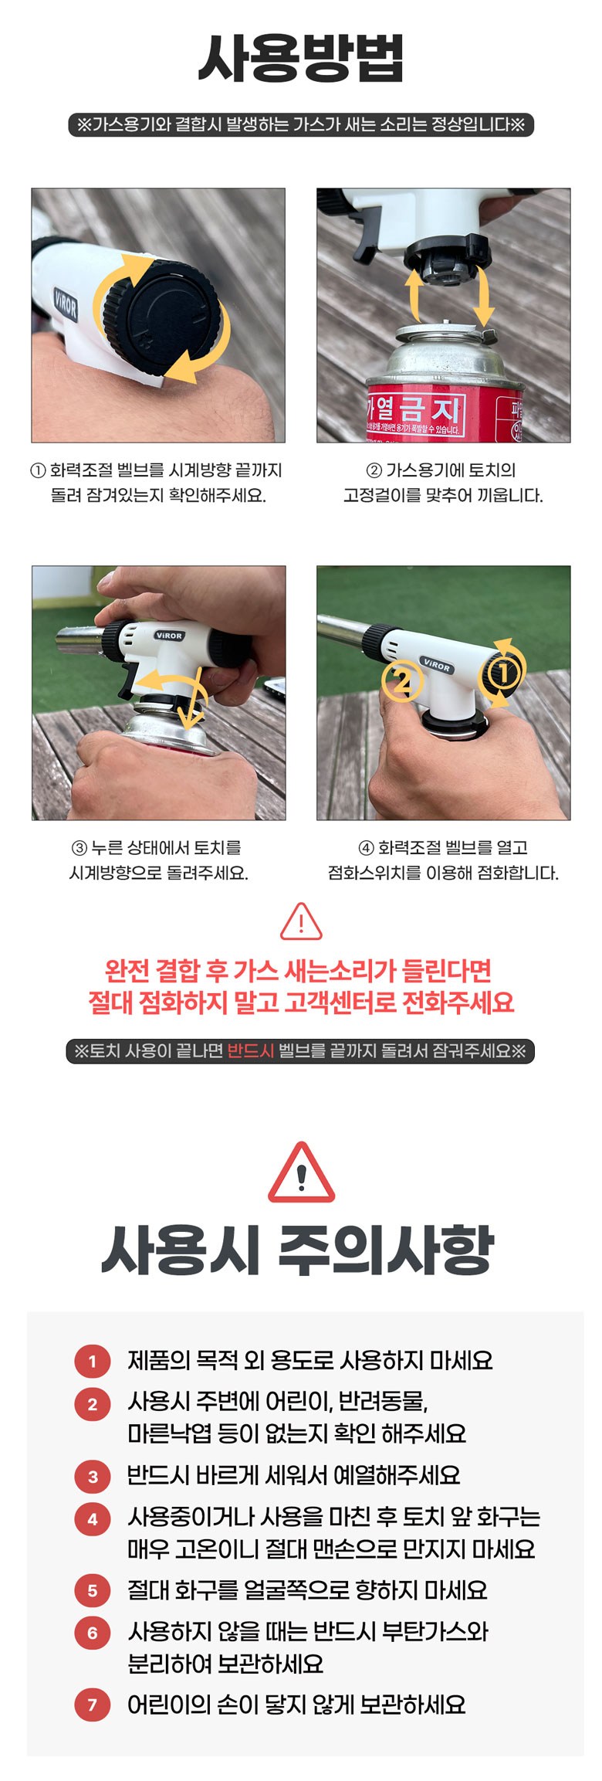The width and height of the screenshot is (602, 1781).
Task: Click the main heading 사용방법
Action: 301,59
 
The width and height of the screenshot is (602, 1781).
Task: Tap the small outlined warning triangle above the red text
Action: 301,921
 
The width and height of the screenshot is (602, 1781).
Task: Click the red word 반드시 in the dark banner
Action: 251,1051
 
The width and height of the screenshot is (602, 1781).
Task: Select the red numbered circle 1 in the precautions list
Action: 93,1361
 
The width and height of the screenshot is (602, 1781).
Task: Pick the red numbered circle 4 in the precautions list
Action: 93,1520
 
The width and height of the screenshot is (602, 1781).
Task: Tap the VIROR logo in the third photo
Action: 169,636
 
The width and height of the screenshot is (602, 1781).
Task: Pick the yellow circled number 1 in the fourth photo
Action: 503,673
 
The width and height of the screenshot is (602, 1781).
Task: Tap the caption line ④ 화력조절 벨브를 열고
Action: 443,848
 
